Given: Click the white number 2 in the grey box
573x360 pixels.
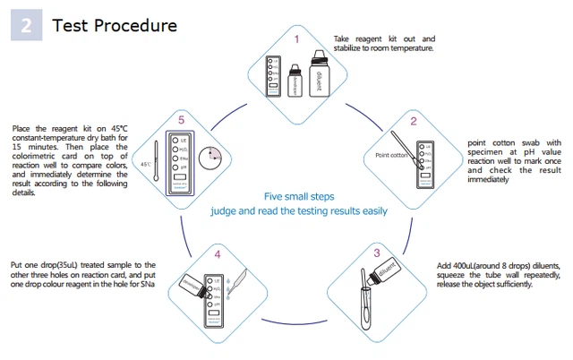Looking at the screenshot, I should (x=27, y=26).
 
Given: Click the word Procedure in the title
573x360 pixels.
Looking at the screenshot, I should (x=136, y=25).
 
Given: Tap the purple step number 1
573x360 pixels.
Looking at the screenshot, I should (x=296, y=39).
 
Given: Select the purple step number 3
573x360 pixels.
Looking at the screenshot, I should (x=377, y=253).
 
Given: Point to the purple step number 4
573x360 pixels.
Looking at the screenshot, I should (x=218, y=255).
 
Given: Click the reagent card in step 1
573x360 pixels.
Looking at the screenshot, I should (x=277, y=76).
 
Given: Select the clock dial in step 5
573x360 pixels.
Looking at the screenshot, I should (x=211, y=157).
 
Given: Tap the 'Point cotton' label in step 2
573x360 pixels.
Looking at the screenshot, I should (x=391, y=156).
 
